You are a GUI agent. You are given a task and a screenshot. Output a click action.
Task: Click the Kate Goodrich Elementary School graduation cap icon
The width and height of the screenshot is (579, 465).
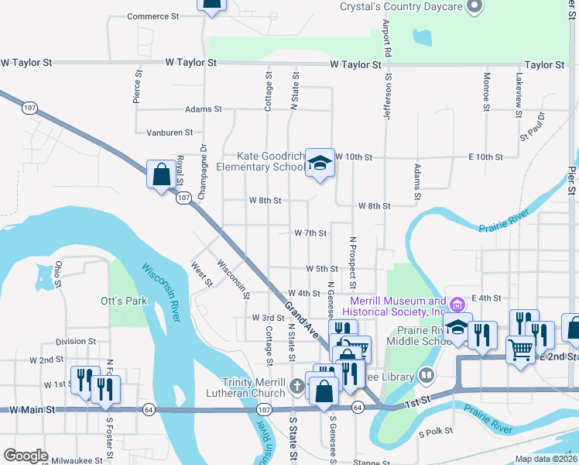pyautogui.click(x=319, y=163)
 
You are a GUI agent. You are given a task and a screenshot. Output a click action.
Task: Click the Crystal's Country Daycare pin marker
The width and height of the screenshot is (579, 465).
pyautogui.click(x=475, y=7)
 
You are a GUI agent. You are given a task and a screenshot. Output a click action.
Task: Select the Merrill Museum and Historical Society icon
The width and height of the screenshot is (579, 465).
pyautogui.click(x=457, y=301)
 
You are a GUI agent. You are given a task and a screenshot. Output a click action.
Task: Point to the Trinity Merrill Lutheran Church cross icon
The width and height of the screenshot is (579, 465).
pyautogui.click(x=296, y=386)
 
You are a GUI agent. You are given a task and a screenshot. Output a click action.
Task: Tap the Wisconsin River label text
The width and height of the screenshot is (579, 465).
pyautogui.click(x=162, y=291)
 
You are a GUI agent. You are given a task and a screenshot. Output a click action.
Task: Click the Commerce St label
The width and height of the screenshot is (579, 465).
pyautogui.click(x=152, y=16)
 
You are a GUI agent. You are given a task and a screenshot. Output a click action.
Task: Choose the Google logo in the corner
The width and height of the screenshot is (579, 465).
pyautogui.click(x=26, y=456)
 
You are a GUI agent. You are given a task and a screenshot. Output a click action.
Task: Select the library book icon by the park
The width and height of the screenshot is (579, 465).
pyautogui.click(x=426, y=376)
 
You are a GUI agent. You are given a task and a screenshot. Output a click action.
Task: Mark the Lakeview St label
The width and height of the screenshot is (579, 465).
pyautogui.click(x=519, y=91)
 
